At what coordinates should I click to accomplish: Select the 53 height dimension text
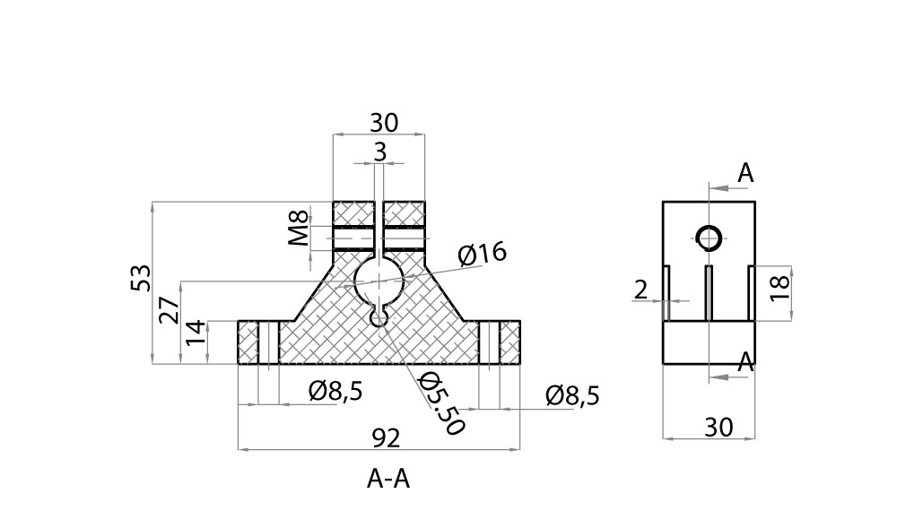pos(141,277)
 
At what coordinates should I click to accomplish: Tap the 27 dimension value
pos(170,310)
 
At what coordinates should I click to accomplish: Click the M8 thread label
pos(300,228)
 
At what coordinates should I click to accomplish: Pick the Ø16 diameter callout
pos(482,255)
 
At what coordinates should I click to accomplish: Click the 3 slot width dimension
pos(379,152)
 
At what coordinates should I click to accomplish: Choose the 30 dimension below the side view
pos(718,428)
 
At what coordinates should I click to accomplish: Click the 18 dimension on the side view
pos(780,286)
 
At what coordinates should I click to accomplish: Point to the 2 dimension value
pos(640,290)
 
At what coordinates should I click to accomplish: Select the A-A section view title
pos(388,480)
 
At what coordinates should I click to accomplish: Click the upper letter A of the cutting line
pos(745,174)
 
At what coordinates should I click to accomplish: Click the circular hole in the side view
pos(709,238)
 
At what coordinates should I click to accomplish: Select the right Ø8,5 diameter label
pos(572,395)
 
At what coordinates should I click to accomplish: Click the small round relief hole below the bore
pos(380,316)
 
